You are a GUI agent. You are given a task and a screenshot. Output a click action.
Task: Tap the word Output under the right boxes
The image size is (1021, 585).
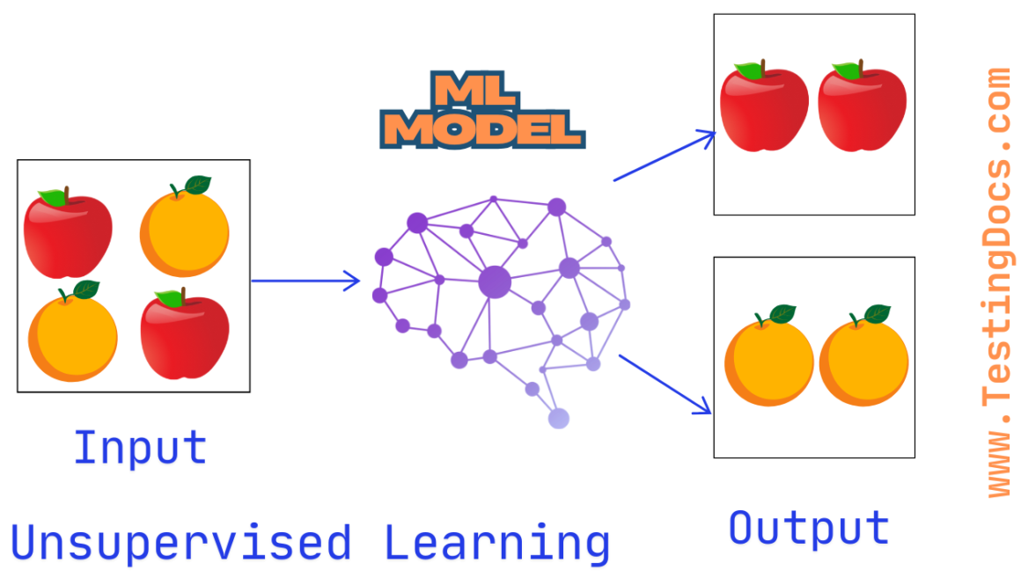tap(809, 528)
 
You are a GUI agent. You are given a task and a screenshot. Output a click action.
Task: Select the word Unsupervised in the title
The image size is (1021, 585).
tap(180, 543)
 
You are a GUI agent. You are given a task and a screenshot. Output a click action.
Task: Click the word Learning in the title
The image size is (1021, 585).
tap(496, 543)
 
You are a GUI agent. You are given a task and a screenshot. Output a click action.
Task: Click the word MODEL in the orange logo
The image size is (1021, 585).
tap(486, 130)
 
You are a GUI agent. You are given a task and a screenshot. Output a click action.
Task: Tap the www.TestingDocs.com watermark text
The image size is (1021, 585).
tap(999, 282)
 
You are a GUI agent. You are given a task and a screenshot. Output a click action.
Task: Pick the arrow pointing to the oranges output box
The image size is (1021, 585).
tap(665, 384)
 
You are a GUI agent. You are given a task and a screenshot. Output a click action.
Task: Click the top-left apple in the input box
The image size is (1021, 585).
tap(68, 233)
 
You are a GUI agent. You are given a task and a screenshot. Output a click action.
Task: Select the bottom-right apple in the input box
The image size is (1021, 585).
tap(185, 334)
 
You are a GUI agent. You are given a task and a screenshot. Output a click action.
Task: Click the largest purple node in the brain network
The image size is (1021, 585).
tap(495, 282)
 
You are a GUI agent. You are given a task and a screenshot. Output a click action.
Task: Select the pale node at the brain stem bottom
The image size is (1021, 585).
tap(558, 419)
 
